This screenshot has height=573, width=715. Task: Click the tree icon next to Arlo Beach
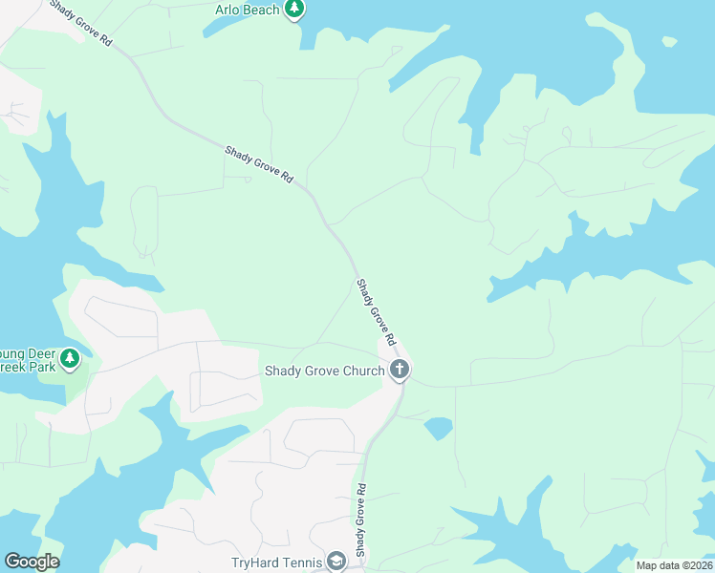[295, 11]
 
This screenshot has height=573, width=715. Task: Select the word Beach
[265, 10]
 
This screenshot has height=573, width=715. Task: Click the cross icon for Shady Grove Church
[400, 369]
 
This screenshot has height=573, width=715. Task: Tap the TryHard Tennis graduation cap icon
[336, 562]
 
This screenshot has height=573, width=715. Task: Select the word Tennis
[303, 562]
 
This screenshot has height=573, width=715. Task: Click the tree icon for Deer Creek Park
[69, 359]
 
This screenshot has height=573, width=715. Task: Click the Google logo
[32, 562]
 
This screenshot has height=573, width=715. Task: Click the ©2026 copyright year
[697, 565]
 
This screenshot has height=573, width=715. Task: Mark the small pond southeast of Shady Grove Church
[438, 427]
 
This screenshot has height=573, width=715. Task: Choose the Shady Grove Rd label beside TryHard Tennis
[362, 523]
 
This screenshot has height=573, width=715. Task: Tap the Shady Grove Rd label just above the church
[376, 312]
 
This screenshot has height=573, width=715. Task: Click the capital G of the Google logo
[11, 562]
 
